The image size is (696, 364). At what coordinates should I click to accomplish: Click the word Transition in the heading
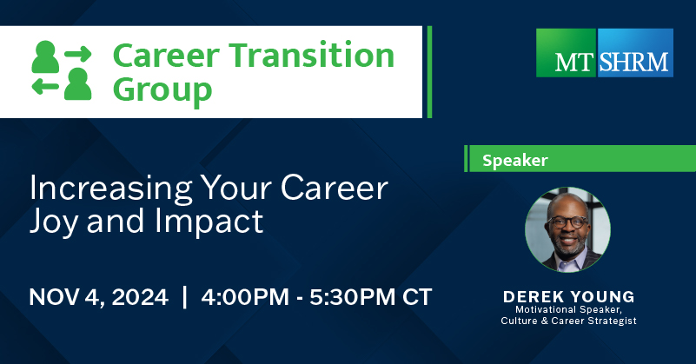pos(312,56)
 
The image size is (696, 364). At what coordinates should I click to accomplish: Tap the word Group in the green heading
pos(162,90)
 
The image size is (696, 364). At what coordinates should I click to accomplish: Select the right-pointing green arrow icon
pos(78,54)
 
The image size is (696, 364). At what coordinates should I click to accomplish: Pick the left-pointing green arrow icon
pos(45,87)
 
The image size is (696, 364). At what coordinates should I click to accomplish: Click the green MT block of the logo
pos(567,53)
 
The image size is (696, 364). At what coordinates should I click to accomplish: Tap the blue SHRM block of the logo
pos(635,53)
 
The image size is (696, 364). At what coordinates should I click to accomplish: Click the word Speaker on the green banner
pos(515,160)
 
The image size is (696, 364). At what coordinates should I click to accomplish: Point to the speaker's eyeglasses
pos(567,222)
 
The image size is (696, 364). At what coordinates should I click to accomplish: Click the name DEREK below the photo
pos(534,296)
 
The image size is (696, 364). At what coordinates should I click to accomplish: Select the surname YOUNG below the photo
pos(602,296)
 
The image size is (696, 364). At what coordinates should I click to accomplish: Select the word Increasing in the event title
pos(111,189)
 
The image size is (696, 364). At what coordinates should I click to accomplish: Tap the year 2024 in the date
pos(140,297)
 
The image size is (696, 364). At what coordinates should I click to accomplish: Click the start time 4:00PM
pos(245,297)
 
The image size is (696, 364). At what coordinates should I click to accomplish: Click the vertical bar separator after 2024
pos(185,297)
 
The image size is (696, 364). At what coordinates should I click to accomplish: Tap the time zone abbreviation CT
pos(417,297)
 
